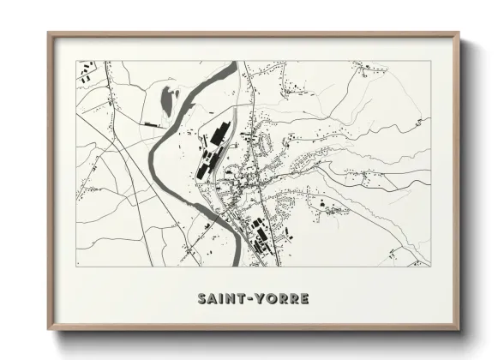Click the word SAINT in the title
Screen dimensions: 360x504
coord(219,299)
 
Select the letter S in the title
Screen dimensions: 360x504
coord(201,299)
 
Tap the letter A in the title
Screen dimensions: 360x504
coord(212,299)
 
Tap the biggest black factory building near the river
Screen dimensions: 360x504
coord(219,135)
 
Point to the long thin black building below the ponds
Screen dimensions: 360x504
coord(155,125)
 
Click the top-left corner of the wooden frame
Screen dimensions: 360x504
coord(49,33)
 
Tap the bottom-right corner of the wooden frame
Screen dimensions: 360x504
coord(459,328)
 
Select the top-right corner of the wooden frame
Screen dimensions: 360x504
coord(459,33)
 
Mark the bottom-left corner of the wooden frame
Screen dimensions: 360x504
coord(49,328)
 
